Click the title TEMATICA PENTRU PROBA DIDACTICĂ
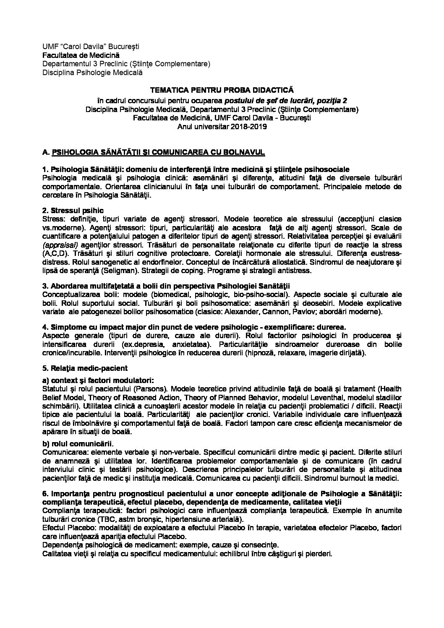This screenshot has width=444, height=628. point(222,90)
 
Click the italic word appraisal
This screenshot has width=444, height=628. point(57,245)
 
